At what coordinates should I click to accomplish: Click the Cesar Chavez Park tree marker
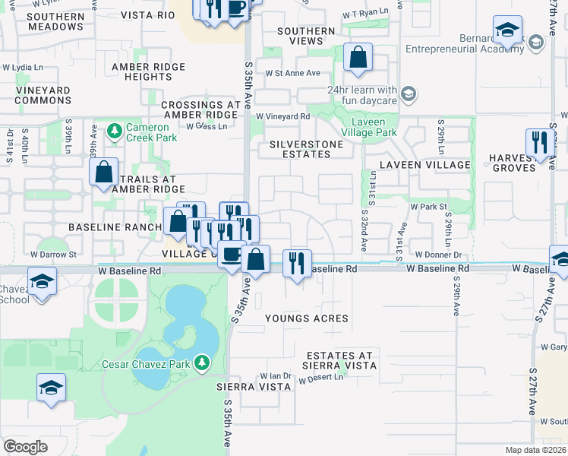point(202,364)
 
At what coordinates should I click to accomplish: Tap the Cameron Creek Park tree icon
point(115,131)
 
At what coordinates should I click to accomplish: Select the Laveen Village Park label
point(375,127)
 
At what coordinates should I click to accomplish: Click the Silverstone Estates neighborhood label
point(301,148)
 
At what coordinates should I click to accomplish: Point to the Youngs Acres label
point(306,318)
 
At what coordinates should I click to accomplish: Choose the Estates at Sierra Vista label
point(340,360)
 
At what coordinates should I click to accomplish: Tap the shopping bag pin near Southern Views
point(358,57)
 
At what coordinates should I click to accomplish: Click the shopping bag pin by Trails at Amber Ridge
point(104,172)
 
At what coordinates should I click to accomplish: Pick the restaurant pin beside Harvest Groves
point(539,142)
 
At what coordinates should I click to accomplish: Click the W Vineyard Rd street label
point(283,116)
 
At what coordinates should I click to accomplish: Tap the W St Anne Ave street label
point(292,73)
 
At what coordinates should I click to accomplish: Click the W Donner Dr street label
point(438,255)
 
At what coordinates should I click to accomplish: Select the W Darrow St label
point(54,254)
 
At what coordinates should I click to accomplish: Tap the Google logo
point(25,447)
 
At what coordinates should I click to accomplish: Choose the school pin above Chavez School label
point(43,283)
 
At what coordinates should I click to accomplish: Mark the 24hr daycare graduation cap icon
point(409,93)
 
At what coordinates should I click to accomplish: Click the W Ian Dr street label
point(275,375)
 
